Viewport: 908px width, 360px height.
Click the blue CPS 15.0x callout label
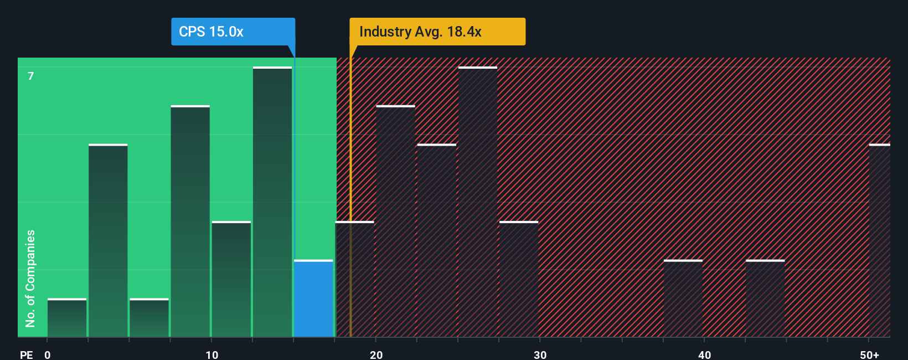coord(233,32)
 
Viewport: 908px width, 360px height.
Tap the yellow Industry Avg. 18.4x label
coord(437,32)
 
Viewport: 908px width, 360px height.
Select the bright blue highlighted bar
coord(313,299)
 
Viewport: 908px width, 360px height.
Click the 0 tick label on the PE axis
coord(48,354)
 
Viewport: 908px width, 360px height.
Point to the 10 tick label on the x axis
coord(211,354)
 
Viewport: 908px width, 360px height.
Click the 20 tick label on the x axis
coord(376,354)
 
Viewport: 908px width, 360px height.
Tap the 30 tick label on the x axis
coord(540,354)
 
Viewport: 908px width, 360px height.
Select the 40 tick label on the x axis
coord(704,354)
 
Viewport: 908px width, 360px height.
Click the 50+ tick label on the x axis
coord(869,354)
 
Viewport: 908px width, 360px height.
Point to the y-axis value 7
coord(31,76)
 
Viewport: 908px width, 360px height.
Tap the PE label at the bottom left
coord(27,354)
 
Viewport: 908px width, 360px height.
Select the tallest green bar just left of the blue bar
coord(272,202)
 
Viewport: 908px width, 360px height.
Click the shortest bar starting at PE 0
coord(67,318)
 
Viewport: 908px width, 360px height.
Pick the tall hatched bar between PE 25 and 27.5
coord(478,202)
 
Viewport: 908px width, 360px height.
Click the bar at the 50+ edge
coord(879,241)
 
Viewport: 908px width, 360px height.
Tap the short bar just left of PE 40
coord(683,299)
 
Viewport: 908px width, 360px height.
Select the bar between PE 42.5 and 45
coord(765,299)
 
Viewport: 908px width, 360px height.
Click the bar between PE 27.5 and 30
coord(519,279)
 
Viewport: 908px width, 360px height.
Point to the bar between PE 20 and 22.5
coord(395,222)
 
